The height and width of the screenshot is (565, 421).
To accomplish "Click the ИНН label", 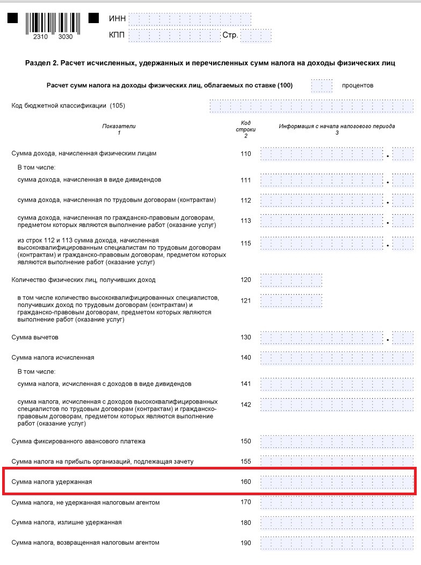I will (117, 19).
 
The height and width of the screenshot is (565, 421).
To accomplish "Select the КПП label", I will (118, 36).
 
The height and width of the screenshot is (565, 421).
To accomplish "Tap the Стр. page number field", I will (257, 36).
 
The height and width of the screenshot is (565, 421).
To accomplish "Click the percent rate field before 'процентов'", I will (322, 85).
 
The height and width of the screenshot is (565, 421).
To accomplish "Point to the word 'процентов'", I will (357, 85).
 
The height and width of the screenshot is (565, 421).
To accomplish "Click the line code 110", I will (245, 153).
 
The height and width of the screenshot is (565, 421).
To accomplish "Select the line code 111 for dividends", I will (245, 180).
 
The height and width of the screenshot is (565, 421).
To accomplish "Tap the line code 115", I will (245, 243).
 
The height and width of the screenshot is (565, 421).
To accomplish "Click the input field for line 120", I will (291, 280).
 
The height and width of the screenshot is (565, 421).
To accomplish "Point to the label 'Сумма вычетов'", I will (35, 337).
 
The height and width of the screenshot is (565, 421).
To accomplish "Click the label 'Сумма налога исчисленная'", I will (53, 357).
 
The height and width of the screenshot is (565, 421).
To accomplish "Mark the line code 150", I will (245, 441).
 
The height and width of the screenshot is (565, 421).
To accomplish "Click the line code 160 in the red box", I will (245, 482).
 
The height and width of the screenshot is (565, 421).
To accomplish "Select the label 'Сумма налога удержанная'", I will (52, 482).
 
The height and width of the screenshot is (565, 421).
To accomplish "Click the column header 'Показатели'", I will (119, 126).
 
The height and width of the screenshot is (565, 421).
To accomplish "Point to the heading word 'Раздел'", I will (38, 63).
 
